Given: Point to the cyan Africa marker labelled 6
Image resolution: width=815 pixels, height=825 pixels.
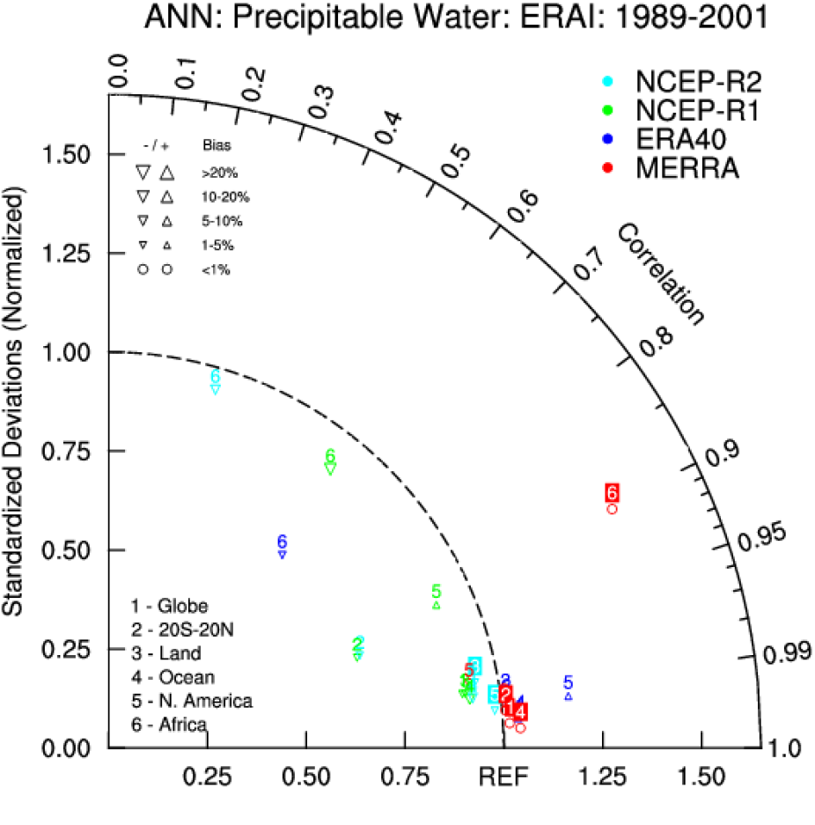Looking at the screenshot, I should pyautogui.click(x=216, y=382).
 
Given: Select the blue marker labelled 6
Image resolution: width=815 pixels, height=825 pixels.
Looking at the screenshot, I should pyautogui.click(x=283, y=547).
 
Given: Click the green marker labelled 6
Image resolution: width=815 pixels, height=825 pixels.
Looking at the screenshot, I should pyautogui.click(x=330, y=462).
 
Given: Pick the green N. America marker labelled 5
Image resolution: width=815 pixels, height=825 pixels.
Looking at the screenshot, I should pyautogui.click(x=436, y=597).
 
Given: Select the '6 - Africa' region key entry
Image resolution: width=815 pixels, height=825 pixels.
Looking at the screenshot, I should pyautogui.click(x=169, y=725).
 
